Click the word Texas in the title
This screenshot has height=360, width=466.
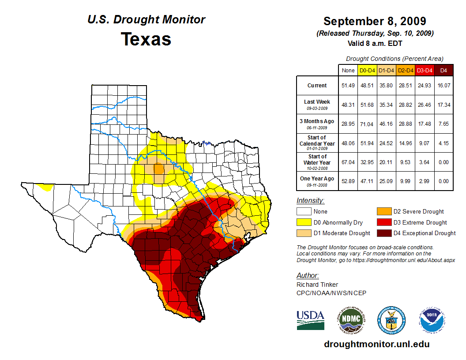[x=146, y=39]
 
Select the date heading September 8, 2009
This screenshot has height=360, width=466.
[x=374, y=21]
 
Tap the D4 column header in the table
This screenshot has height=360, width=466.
[x=444, y=71]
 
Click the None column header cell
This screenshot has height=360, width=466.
[x=348, y=71]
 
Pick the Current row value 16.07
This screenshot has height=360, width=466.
[x=444, y=86]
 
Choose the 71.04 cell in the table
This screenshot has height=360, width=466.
[x=368, y=124]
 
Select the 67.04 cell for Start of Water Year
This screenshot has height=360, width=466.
[x=348, y=162]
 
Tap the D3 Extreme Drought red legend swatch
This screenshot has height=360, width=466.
[x=383, y=222]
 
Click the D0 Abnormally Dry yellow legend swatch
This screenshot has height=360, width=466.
[x=304, y=222]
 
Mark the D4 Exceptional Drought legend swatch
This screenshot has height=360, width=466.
[x=383, y=233]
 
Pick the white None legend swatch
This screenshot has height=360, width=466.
[x=304, y=212]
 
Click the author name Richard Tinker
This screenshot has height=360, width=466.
[x=317, y=285]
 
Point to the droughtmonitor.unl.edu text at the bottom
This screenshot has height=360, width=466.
[x=376, y=344]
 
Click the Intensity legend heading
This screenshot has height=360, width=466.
[x=310, y=201]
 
